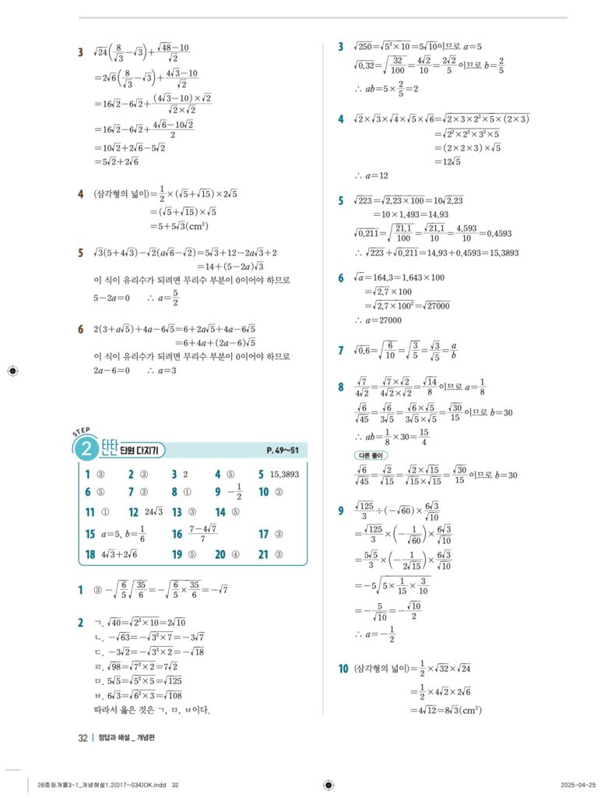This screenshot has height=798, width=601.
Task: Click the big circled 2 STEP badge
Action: pos(84,448)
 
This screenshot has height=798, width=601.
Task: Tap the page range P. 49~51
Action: pos(283,450)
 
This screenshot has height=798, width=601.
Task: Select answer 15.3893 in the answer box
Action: pos(284,473)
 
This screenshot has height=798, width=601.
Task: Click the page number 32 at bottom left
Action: pos(83,738)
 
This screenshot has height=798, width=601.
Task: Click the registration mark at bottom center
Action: pos(328,784)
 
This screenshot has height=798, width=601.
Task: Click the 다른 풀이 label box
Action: pos(371,455)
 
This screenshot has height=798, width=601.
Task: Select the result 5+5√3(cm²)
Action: pos(179,226)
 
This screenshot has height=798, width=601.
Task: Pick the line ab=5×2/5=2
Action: pos(386,88)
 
